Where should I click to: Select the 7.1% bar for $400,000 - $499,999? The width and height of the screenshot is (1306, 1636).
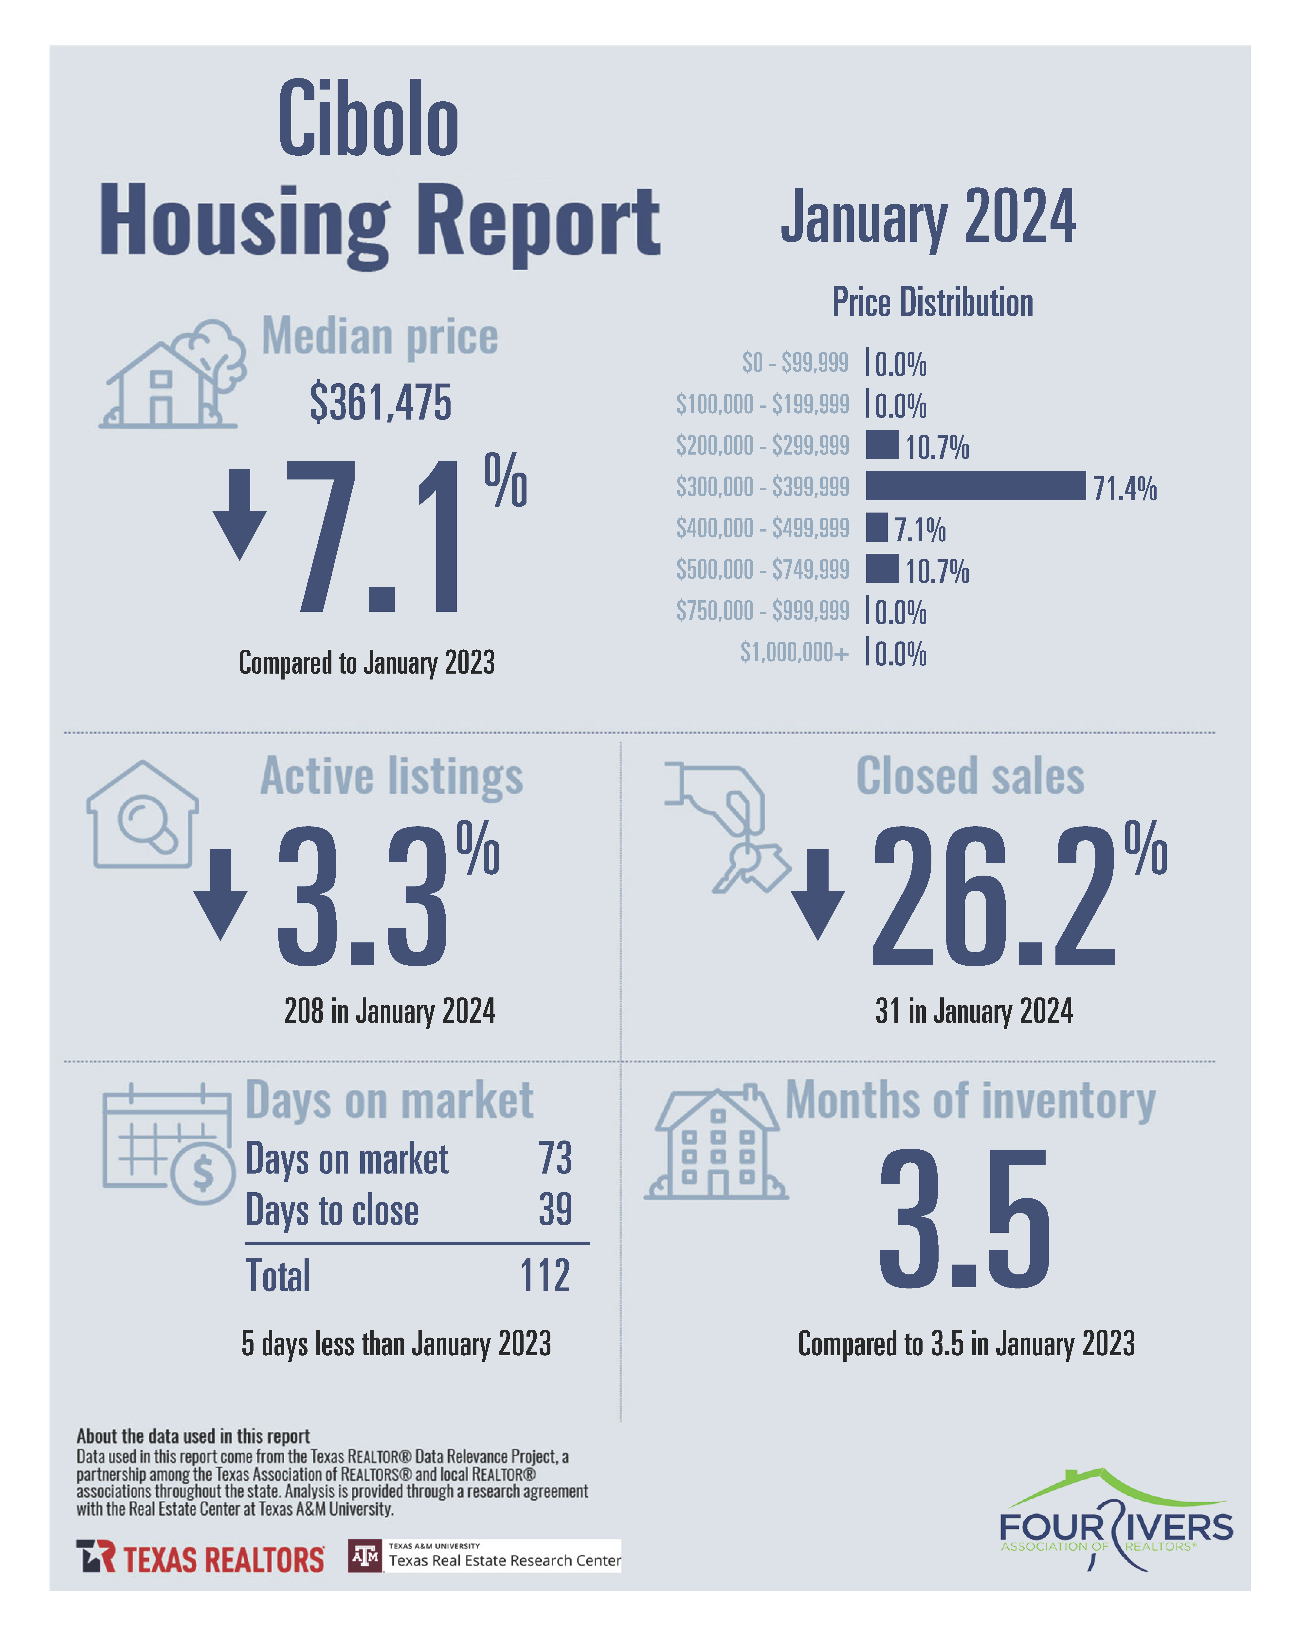876,527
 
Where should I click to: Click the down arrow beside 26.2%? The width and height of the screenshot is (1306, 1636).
818,894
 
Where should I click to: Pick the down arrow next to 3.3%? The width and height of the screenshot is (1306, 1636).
220,894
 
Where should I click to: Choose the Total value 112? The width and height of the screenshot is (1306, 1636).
545,1276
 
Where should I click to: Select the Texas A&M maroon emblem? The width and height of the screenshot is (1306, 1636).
365,1556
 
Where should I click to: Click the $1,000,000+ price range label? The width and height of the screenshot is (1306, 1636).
794,652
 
